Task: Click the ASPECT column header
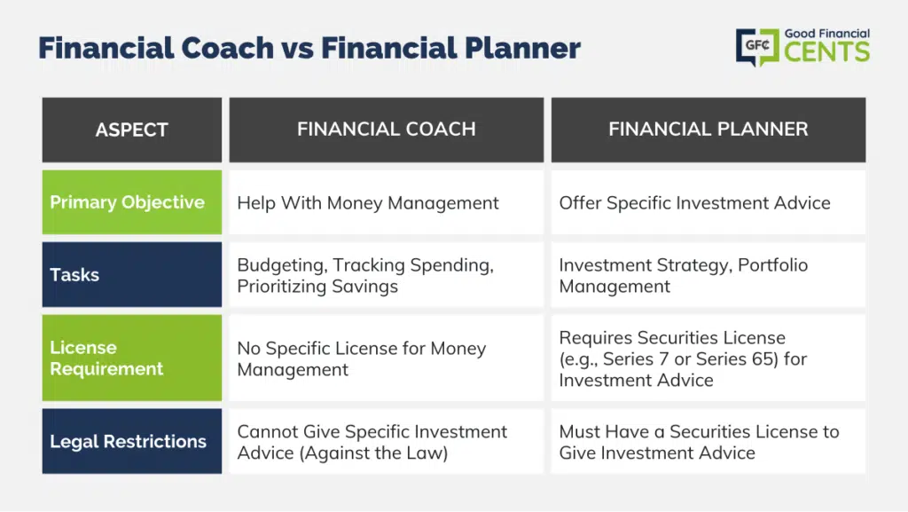(x=132, y=130)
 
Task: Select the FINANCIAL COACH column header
(x=387, y=130)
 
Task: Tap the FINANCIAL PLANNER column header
(x=708, y=130)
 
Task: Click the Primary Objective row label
(x=132, y=202)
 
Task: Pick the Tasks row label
(x=132, y=274)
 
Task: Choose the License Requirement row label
(x=132, y=358)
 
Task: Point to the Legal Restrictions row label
(x=132, y=441)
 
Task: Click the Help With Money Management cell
(x=387, y=202)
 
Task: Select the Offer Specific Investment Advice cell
(x=708, y=202)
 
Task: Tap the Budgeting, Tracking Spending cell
(x=387, y=274)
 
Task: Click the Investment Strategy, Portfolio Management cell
(x=708, y=274)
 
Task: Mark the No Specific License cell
(x=387, y=358)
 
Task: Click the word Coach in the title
(x=228, y=48)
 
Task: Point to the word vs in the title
(x=298, y=50)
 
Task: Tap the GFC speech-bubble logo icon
(x=757, y=47)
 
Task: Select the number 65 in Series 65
(x=765, y=359)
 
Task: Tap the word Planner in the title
(x=522, y=48)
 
